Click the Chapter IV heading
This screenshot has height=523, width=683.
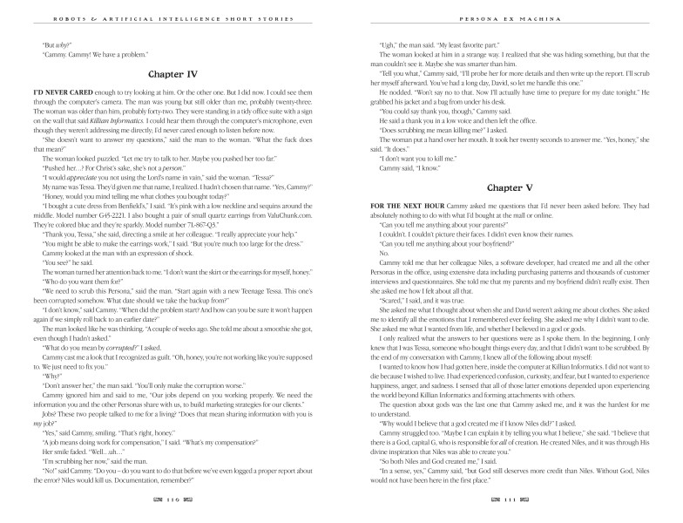coord(170,75)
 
